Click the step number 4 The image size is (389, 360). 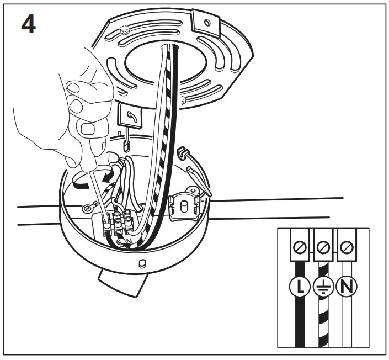(28, 25)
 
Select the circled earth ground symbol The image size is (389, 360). (323, 287)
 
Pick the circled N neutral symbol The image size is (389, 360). (347, 287)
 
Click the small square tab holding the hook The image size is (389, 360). (131, 117)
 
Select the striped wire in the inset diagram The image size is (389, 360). (323, 315)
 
